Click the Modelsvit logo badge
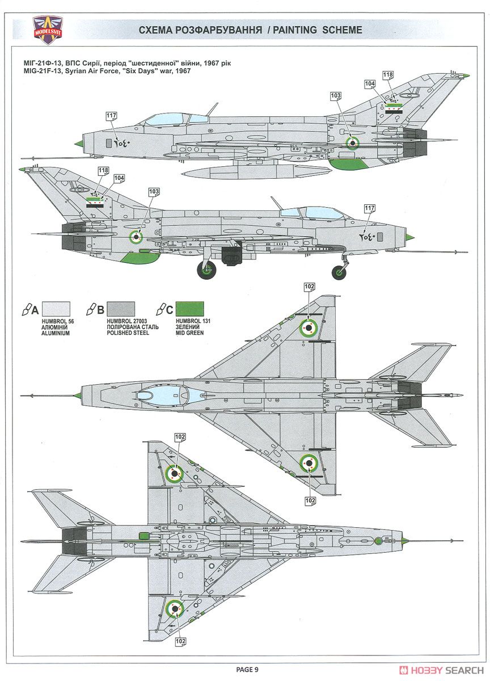(x=47, y=30)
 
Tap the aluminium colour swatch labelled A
(x=56, y=309)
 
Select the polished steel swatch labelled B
(x=121, y=309)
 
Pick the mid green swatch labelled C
(x=190, y=309)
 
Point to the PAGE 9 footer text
(x=247, y=667)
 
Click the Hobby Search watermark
(x=441, y=670)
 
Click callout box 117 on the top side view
(x=112, y=116)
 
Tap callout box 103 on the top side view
(x=336, y=96)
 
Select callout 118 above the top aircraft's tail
(x=388, y=75)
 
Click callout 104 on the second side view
(x=120, y=178)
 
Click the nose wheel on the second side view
(x=339, y=272)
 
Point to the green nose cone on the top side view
(x=79, y=142)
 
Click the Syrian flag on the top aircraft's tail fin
(x=394, y=108)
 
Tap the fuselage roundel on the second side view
(x=136, y=237)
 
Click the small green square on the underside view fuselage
(x=143, y=536)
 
